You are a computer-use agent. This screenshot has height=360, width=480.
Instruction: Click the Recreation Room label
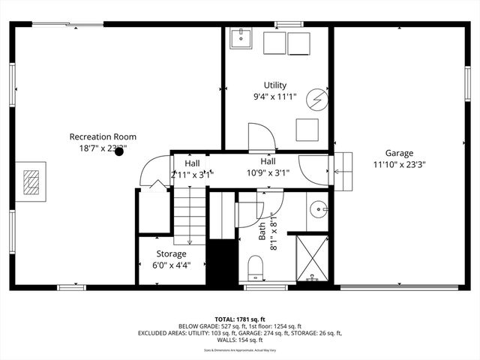tap(103, 136)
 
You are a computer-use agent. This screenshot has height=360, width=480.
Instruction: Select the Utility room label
tap(274, 85)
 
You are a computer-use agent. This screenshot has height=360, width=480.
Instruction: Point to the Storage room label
tap(171, 253)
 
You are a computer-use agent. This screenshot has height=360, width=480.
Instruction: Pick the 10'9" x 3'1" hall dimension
tap(268, 172)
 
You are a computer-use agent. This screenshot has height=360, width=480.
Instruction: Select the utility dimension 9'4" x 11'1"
tap(275, 97)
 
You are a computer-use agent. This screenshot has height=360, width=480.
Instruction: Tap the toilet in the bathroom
tap(255, 267)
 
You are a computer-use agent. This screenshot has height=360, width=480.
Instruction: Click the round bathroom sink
tap(319, 208)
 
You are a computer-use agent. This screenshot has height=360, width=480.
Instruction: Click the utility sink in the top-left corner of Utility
tap(240, 37)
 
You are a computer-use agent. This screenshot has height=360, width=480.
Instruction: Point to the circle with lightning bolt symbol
tap(319, 98)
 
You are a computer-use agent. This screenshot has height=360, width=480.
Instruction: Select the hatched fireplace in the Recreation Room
tap(31, 181)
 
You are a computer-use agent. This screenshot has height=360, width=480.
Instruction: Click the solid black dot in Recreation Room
tap(118, 151)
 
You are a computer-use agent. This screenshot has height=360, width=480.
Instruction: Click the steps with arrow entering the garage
tap(342, 171)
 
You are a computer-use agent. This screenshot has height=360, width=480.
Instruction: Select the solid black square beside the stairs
tap(222, 262)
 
